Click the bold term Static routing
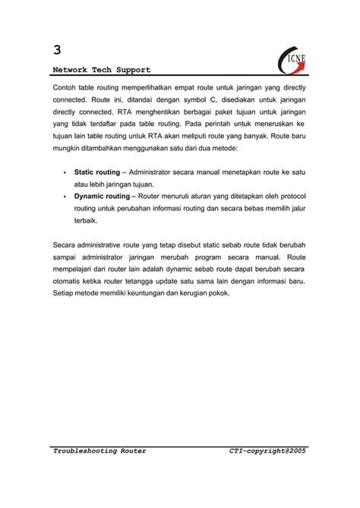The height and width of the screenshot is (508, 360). (96, 172)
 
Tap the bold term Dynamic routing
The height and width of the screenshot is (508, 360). (102, 195)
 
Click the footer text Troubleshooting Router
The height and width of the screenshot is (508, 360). (99, 451)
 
